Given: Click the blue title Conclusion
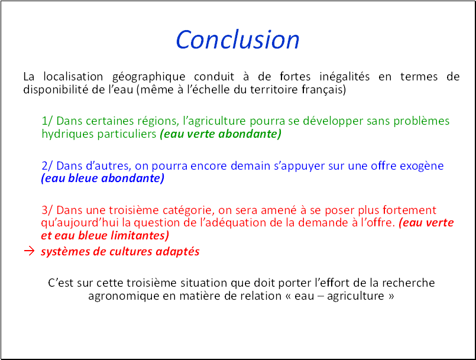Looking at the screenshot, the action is click(238, 40).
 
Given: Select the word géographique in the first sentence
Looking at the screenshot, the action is click(149, 77).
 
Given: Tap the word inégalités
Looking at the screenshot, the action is click(345, 76).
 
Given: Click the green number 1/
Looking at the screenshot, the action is click(47, 121).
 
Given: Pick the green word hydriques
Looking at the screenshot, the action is click(67, 134).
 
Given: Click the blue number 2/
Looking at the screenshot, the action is click(47, 166).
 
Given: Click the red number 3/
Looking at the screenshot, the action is click(47, 210).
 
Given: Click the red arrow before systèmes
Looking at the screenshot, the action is click(29, 251).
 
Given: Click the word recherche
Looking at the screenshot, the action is click(409, 283).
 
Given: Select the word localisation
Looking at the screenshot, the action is click(73, 76).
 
